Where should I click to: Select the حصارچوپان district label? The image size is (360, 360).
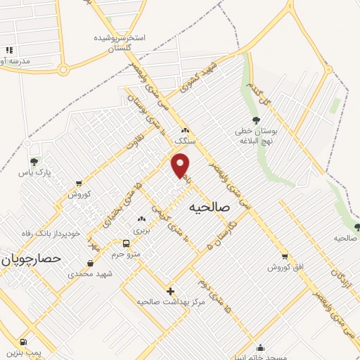click(x=32, y=259)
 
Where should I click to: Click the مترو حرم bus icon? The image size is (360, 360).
click(x=126, y=243)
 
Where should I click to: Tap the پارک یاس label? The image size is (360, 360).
click(x=35, y=172)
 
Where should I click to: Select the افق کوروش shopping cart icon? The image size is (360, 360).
click(x=285, y=257)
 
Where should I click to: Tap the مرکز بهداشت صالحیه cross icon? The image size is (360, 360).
click(x=169, y=290)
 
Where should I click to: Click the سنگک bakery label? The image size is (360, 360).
click(x=185, y=140)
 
